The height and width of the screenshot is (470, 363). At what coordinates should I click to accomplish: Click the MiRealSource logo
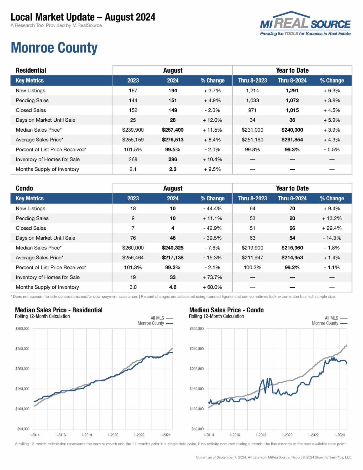(x=305, y=24)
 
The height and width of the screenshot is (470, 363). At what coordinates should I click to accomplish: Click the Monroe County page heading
(x=54, y=48)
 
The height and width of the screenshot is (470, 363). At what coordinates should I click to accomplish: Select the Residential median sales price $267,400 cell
(x=172, y=130)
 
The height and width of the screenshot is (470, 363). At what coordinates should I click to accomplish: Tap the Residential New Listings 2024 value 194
(x=172, y=90)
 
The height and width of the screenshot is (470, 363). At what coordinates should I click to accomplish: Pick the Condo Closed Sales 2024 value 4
(x=172, y=228)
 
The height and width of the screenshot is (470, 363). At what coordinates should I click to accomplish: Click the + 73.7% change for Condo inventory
(x=212, y=277)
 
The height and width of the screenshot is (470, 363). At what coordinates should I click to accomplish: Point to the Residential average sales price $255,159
(x=133, y=140)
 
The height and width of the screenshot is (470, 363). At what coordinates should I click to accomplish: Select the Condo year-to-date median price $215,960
(x=292, y=248)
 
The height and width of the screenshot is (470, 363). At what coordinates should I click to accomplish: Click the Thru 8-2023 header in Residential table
(x=252, y=81)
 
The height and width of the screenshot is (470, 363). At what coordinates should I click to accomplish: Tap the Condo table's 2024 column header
(x=172, y=199)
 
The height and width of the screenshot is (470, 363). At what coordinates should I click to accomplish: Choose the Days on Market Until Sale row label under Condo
(x=45, y=238)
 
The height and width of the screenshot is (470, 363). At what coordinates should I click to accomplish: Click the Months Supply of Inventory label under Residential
(x=47, y=169)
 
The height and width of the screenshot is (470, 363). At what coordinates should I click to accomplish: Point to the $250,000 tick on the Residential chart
(x=22, y=349)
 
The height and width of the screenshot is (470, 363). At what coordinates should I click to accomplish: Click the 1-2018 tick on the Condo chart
(x=261, y=435)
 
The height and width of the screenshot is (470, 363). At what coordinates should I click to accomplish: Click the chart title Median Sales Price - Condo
(x=226, y=310)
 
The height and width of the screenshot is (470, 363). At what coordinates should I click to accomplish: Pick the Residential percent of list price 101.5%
(x=133, y=150)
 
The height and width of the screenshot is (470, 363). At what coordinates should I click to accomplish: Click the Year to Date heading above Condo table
(x=292, y=188)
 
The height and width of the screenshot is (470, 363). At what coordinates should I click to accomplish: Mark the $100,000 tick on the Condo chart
(x=197, y=409)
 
